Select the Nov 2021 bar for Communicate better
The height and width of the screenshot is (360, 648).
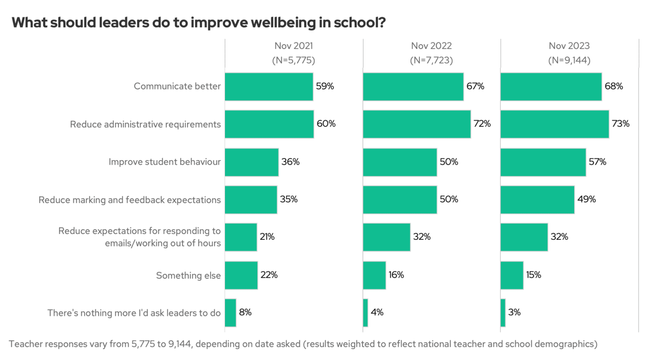(269, 86)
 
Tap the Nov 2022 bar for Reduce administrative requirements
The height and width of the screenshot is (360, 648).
(417, 124)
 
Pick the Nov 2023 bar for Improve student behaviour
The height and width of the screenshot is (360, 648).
(543, 162)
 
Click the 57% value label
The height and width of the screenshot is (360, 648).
(598, 162)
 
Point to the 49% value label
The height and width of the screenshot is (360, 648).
(587, 199)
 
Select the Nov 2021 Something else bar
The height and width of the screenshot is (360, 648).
(241, 275)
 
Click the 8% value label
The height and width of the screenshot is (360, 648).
(245, 312)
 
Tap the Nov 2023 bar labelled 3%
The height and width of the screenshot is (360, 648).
(503, 312)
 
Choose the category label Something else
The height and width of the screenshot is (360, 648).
(188, 275)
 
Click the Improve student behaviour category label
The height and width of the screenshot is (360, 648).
(165, 162)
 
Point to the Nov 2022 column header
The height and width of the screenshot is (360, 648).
(431, 46)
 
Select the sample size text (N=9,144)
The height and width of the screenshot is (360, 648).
(569, 60)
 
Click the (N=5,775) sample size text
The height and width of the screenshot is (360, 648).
(293, 60)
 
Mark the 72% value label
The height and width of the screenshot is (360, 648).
(482, 124)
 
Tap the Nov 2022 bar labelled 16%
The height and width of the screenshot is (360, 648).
(374, 275)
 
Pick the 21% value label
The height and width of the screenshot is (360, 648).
(267, 237)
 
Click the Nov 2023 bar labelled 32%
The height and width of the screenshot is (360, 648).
(524, 237)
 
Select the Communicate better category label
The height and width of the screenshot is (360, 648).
(177, 86)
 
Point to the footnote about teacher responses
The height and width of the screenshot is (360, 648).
(303, 344)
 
